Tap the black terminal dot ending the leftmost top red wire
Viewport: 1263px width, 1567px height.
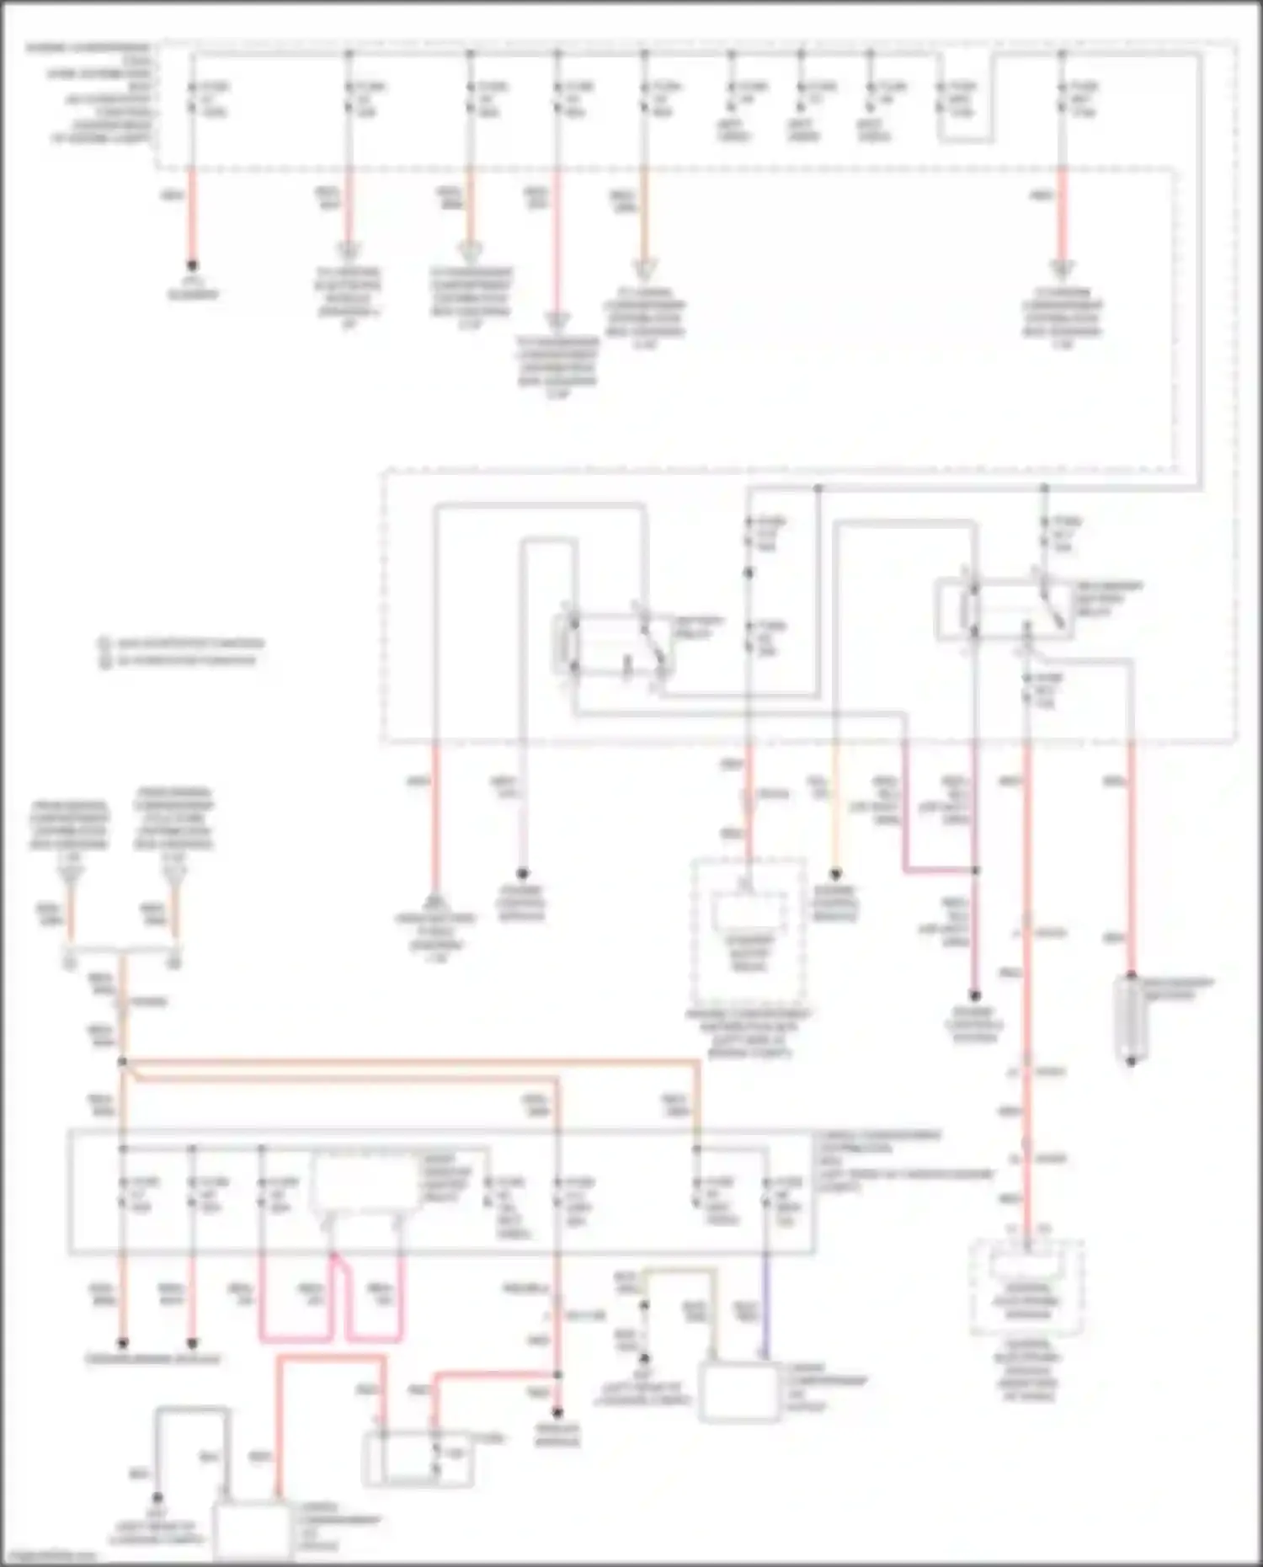pyautogui.click(x=192, y=264)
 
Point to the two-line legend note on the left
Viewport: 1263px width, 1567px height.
pyautogui.click(x=181, y=652)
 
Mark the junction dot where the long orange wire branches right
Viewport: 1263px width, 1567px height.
pyautogui.click(x=123, y=1062)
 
